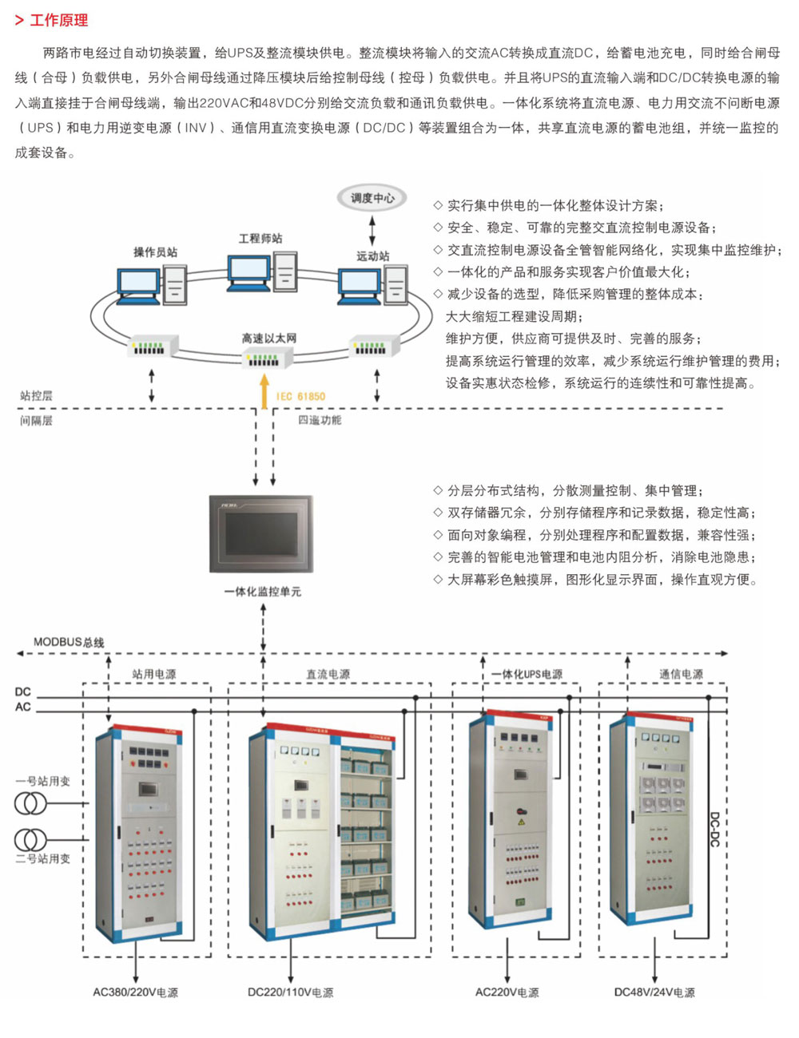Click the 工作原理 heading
pyautogui.click(x=59, y=20)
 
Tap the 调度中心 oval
pyautogui.click(x=372, y=198)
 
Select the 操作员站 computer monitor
pyautogui.click(x=138, y=286)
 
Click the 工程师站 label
pyautogui.click(x=260, y=239)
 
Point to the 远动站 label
pyautogui.click(x=373, y=256)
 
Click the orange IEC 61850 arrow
pyautogui.click(x=264, y=392)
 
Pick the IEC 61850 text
pyautogui.click(x=300, y=397)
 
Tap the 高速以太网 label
pyautogui.click(x=268, y=339)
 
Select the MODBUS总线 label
pyautogui.click(x=69, y=642)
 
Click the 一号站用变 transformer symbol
pyautogui.click(x=30, y=803)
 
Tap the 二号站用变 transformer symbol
pyautogui.click(x=30, y=839)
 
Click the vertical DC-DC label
pyautogui.click(x=714, y=830)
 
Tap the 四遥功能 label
pyautogui.click(x=320, y=420)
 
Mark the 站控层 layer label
pyautogui.click(x=36, y=395)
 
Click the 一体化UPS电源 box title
pyautogui.click(x=527, y=674)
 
